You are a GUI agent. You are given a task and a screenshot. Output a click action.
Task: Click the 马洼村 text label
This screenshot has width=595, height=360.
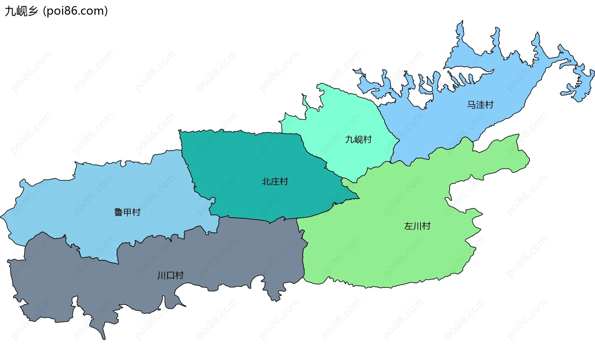coord(480,105)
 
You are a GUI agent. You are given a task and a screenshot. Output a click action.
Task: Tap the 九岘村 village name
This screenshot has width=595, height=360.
coord(358,139)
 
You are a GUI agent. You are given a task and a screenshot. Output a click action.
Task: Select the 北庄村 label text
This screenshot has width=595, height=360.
coord(275,181)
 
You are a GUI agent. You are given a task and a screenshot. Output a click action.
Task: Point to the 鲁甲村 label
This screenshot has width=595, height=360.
coord(127,212)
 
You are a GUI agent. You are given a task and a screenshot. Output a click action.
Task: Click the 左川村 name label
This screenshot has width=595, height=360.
coord(417,226)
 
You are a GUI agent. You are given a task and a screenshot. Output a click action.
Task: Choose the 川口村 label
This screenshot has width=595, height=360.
coord(170,275)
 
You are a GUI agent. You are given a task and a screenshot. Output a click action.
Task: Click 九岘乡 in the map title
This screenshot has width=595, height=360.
coord(21,11)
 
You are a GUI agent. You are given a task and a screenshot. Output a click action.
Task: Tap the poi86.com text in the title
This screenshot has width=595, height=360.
coord(75,11)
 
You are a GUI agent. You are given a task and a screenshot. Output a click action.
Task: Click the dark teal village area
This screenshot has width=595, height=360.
coord(248,161)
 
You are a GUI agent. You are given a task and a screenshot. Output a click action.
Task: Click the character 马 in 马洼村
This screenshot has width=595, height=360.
coord(471,105)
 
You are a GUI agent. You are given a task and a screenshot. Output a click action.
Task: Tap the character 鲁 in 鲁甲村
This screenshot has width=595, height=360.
coord(118,212)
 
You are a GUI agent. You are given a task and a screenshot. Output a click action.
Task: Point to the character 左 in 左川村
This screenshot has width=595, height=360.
coord(408,226)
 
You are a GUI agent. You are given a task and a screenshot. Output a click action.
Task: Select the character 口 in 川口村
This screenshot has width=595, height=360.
coord(170,275)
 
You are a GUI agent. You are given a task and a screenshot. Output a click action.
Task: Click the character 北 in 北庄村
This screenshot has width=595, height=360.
coord(266,181)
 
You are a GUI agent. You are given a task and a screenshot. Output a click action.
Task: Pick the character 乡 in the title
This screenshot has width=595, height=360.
coord(32,11)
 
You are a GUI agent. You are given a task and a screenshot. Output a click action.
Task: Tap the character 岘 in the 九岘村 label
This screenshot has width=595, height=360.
coord(358,139)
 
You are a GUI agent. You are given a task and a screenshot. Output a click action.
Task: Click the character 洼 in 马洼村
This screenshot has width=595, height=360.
coord(480,105)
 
